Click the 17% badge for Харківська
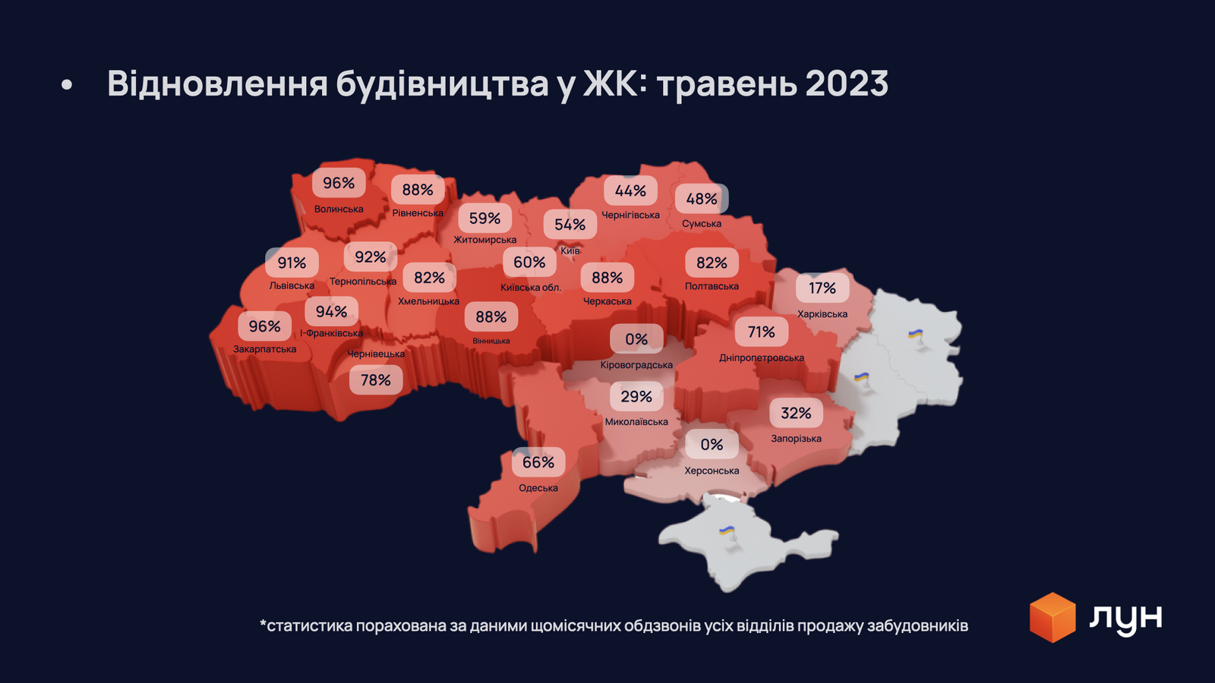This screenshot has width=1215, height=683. pyautogui.click(x=822, y=288)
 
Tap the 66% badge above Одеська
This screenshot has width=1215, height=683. pyautogui.click(x=538, y=462)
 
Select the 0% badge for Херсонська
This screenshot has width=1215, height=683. pyautogui.click(x=712, y=445)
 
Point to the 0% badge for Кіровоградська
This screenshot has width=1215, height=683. pyautogui.click(x=636, y=339)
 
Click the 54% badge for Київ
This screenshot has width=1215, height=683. pyautogui.click(x=570, y=225)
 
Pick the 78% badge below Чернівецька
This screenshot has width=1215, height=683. pyautogui.click(x=375, y=380)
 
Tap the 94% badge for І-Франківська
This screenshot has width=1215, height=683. pyautogui.click(x=331, y=312)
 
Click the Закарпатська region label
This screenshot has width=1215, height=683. pyautogui.click(x=264, y=349)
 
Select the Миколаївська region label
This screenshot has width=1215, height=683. pyautogui.click(x=636, y=422)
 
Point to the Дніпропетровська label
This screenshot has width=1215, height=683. pyautogui.click(x=761, y=357)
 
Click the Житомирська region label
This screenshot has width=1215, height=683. pyautogui.click(x=484, y=240)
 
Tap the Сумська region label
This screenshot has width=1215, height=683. pyautogui.click(x=701, y=224)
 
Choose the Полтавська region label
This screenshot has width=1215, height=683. pyautogui.click(x=712, y=286)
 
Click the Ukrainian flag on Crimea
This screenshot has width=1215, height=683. pyautogui.click(x=727, y=531)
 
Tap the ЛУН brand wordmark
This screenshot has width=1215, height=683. pyautogui.click(x=1125, y=618)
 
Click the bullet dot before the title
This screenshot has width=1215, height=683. pyautogui.click(x=67, y=85)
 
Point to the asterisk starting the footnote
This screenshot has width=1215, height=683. pyautogui.click(x=263, y=624)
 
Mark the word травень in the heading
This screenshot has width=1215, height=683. pyautogui.click(x=726, y=85)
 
